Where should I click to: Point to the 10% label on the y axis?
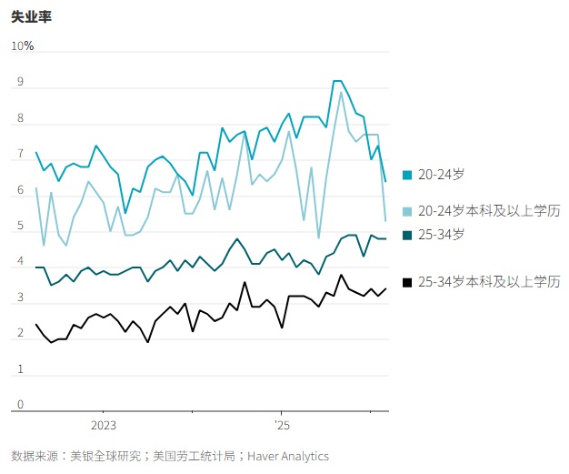[22, 46]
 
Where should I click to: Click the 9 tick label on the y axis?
[21, 83]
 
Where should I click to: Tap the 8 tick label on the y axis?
[21, 119]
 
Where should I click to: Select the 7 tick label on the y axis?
[21, 156]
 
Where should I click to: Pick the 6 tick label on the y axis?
[21, 191]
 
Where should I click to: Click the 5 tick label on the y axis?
[21, 227]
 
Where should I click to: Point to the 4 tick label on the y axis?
[21, 262]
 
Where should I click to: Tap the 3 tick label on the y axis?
[21, 298]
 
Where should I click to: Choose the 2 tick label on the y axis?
[21, 334]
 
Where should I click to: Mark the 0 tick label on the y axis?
[21, 406]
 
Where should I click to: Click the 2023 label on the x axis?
[103, 426]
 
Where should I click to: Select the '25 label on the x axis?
[282, 426]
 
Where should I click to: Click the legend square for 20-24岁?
[407, 175]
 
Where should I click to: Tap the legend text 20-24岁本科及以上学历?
[490, 211]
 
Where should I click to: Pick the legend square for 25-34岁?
[407, 235]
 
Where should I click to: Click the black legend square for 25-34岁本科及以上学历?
[407, 282]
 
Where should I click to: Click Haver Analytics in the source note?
[289, 456]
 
